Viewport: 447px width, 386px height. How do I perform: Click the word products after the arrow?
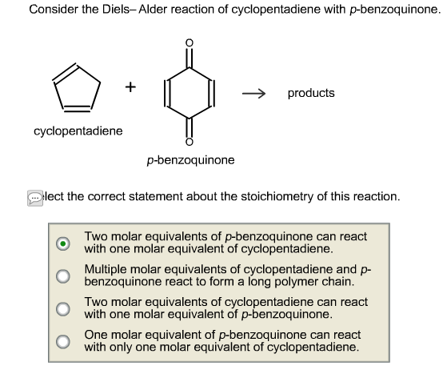click(x=311, y=93)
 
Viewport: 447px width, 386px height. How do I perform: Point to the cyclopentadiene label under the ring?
click(x=78, y=131)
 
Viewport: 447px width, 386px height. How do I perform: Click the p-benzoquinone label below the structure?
click(x=190, y=160)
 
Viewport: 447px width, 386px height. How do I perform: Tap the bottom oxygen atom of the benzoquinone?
click(x=189, y=143)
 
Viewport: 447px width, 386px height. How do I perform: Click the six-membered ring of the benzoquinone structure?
click(x=189, y=93)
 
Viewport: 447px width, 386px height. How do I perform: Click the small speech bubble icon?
click(x=34, y=197)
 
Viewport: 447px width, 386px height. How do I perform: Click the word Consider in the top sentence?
click(x=52, y=10)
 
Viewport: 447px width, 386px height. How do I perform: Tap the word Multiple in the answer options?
click(x=106, y=270)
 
